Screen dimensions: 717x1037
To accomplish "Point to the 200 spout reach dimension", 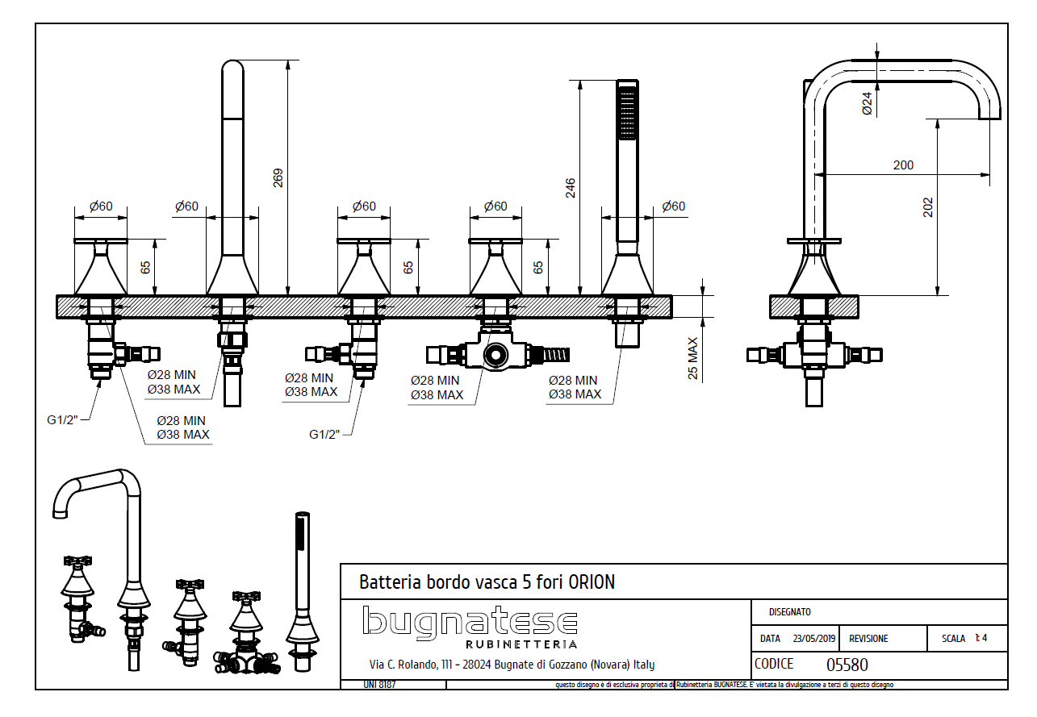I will pyautogui.click(x=903, y=165).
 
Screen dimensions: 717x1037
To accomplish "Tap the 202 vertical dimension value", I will pyautogui.click(x=928, y=207).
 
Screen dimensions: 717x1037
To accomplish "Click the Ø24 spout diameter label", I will pyautogui.click(x=867, y=103).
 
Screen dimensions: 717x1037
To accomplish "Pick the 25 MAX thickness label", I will pyautogui.click(x=692, y=358).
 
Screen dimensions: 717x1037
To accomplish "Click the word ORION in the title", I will pyautogui.click(x=592, y=582).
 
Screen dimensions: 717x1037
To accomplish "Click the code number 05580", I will pyautogui.click(x=847, y=665).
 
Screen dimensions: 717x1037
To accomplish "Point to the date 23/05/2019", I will pyautogui.click(x=814, y=638).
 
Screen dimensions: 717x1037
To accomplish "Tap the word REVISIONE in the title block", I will pyautogui.click(x=868, y=638).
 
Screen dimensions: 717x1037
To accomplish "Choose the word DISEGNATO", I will pyautogui.click(x=789, y=612).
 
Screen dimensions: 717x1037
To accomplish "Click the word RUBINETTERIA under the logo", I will pyautogui.click(x=521, y=644).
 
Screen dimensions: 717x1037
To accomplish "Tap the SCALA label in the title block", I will pyautogui.click(x=953, y=638).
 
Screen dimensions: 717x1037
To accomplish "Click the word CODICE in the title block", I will pyautogui.click(x=774, y=664).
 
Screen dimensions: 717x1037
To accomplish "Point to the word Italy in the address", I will pyautogui.click(x=643, y=665).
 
